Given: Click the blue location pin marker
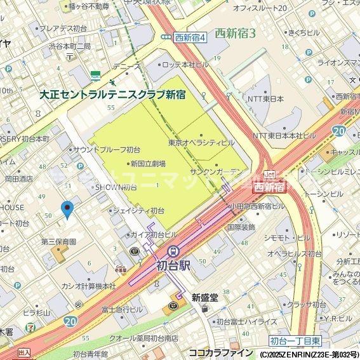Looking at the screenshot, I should tap(67, 209).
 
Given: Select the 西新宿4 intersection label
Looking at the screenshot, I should tap(190, 37).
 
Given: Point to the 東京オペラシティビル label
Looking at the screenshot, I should tap(202, 142).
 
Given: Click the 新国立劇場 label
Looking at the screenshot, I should tap(148, 164).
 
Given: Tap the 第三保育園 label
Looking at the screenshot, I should tap(58, 242).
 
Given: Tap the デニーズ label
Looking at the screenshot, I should tap(126, 66).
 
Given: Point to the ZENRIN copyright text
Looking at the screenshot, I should tap(307, 354).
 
